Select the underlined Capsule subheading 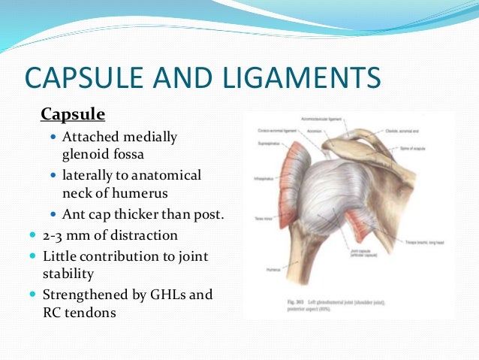pos(73,115)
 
